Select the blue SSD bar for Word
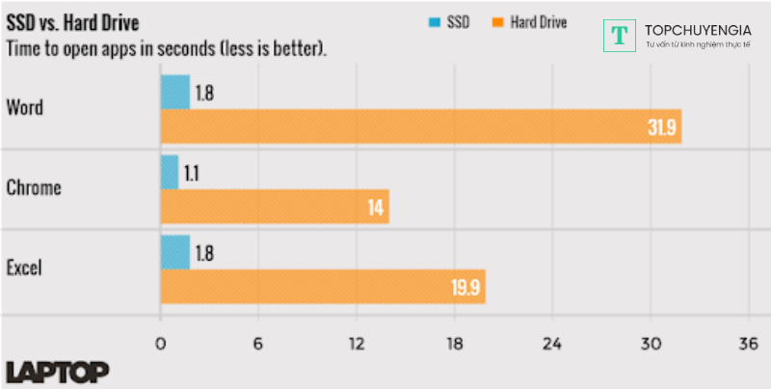coord(174,93)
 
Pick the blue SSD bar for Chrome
coord(170,172)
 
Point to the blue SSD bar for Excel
coord(174,253)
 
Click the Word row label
coord(24,107)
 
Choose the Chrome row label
coord(34,187)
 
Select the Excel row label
coord(26,267)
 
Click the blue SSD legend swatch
coord(432,21)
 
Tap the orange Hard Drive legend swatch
coord(498,21)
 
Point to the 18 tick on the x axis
coord(455,345)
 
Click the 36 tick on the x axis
coord(748,345)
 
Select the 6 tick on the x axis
coord(258,345)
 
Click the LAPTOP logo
coord(57,372)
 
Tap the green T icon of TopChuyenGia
coord(621,35)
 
